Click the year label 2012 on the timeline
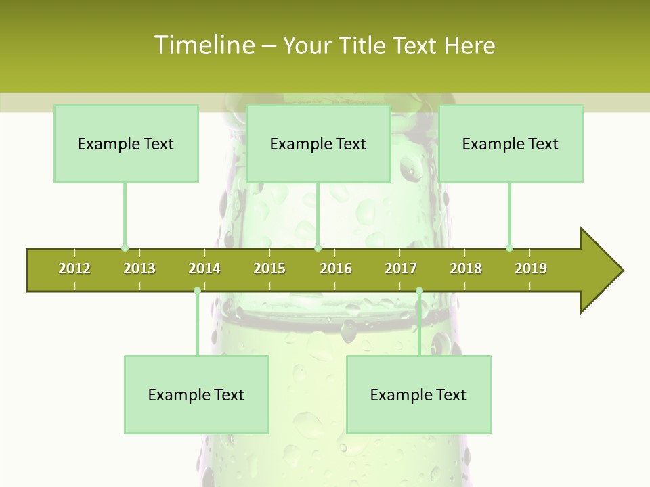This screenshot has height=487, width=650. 74,269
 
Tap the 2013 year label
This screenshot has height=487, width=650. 139,269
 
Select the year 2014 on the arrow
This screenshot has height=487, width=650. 204,269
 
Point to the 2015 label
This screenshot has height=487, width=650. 269,269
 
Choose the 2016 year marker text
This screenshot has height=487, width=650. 336,269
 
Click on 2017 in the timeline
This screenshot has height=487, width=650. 401,269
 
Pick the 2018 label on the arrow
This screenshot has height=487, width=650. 466,269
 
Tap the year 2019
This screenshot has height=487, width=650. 531,269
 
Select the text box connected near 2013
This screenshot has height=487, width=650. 126,143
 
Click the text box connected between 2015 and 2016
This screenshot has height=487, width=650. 318,143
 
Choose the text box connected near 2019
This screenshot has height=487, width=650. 511,143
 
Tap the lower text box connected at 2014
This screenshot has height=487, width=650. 196,394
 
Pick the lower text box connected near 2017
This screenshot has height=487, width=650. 418,394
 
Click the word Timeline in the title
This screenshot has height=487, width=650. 204,45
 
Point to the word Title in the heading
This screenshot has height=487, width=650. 364,45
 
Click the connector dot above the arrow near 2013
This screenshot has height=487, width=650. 125,248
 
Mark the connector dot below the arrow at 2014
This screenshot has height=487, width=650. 197,291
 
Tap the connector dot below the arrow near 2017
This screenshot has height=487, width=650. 419,291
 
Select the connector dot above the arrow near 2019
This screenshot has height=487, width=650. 509,248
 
